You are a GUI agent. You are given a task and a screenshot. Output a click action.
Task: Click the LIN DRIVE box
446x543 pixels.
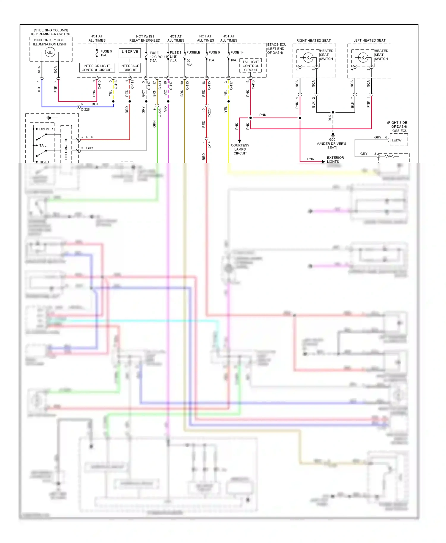click(130, 53)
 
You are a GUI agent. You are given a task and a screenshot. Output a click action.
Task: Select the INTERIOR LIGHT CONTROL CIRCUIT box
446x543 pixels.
click(97, 68)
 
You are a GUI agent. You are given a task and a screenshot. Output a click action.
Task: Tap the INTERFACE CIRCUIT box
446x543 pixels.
click(130, 68)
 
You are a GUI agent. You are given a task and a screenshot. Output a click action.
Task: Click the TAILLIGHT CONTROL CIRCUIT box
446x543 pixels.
click(250, 66)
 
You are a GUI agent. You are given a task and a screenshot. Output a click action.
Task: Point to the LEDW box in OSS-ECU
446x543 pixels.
click(398, 140)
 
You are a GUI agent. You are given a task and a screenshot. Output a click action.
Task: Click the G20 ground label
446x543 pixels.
click(332, 139)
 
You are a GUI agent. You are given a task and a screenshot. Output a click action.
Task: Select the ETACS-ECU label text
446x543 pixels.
click(277, 45)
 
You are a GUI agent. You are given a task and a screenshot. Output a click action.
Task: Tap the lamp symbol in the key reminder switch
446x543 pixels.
click(50, 53)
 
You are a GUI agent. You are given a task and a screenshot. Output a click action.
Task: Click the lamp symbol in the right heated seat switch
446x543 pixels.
click(308, 57)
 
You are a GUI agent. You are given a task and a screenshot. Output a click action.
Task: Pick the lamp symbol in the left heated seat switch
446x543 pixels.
click(363, 57)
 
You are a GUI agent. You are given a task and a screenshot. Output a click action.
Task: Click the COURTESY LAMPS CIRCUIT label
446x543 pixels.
click(240, 149)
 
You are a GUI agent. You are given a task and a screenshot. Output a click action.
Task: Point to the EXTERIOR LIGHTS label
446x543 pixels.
click(335, 160)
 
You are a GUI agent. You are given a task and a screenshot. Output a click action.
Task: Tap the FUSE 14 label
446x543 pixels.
click(237, 52)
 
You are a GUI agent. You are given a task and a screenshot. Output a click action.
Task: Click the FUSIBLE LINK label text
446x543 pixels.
click(193, 52)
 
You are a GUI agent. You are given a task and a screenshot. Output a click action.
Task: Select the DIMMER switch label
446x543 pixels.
click(46, 129)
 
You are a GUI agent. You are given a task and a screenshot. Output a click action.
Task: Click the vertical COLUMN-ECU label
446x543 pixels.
click(66, 148)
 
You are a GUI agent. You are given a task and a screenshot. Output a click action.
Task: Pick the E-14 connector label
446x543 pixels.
click(209, 145)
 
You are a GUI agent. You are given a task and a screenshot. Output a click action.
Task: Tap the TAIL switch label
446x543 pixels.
click(43, 145)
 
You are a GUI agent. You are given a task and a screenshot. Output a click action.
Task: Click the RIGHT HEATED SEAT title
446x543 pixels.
click(313, 40)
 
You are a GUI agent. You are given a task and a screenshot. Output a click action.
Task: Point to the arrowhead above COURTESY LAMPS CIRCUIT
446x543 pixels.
click(239, 141)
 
